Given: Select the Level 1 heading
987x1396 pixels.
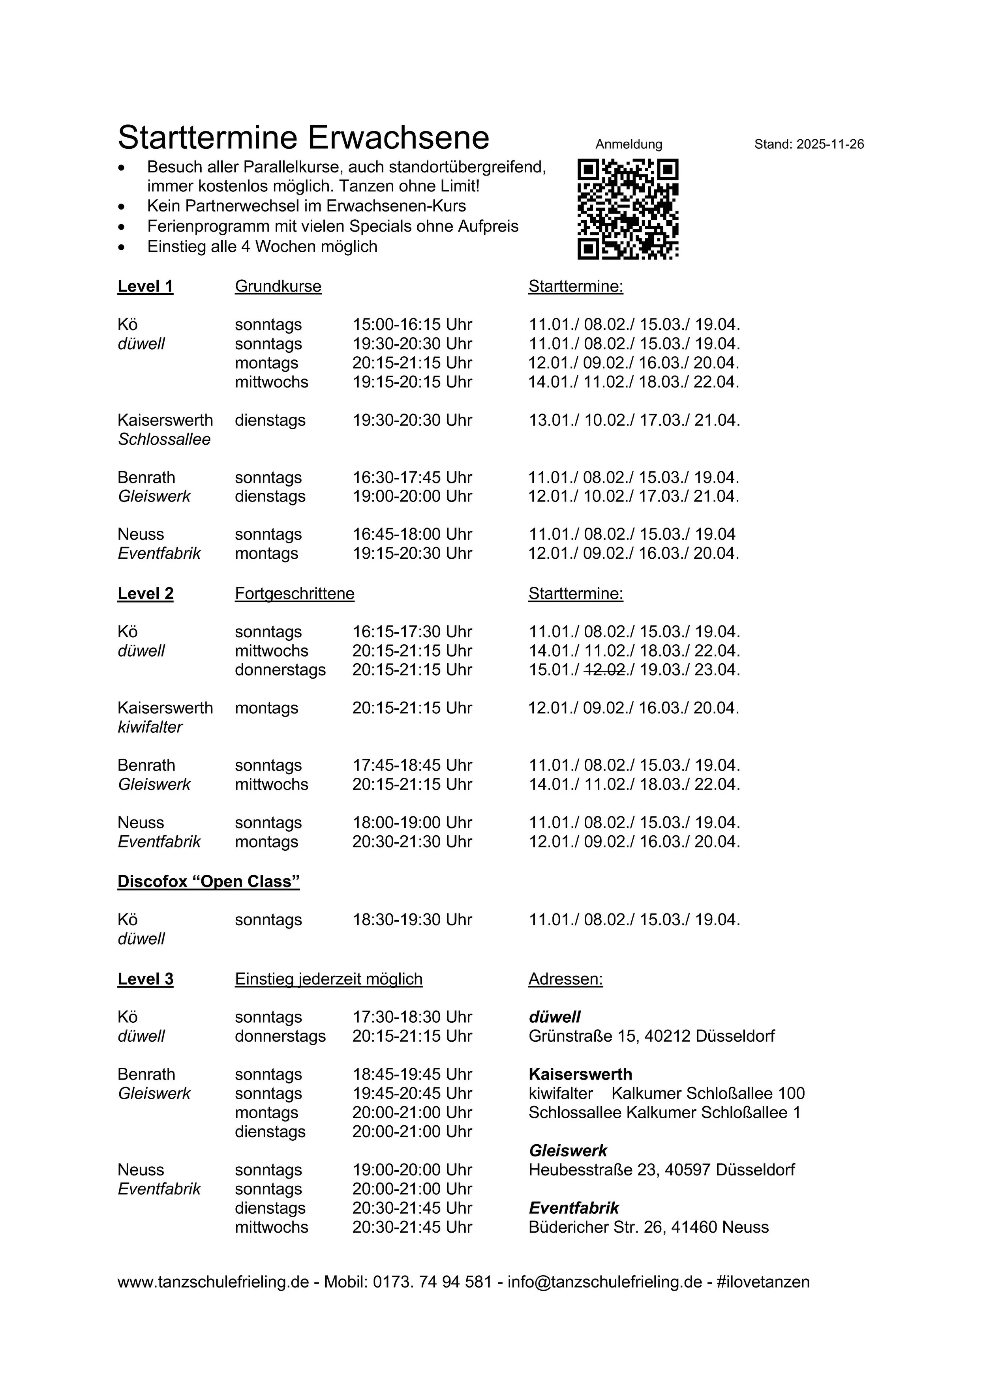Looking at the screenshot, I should [145, 286].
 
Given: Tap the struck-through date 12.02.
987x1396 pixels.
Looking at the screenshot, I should [605, 670].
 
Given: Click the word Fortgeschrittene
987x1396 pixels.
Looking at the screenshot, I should [295, 593].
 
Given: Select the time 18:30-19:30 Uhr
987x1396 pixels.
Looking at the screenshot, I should [412, 920].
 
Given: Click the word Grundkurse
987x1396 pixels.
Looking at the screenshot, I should [278, 286].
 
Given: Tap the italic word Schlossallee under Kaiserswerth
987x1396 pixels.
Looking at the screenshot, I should [164, 440].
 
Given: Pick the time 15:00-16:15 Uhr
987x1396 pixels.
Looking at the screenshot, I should [412, 325].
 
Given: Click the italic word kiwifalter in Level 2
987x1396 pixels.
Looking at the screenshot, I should [150, 727].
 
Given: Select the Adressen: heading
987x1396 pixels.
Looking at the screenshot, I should [565, 979].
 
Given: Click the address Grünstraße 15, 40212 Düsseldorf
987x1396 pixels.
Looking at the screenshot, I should [651, 1036].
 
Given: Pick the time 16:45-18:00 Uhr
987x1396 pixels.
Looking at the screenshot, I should [412, 534].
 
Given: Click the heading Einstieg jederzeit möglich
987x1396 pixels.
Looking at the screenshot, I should [328, 979].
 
